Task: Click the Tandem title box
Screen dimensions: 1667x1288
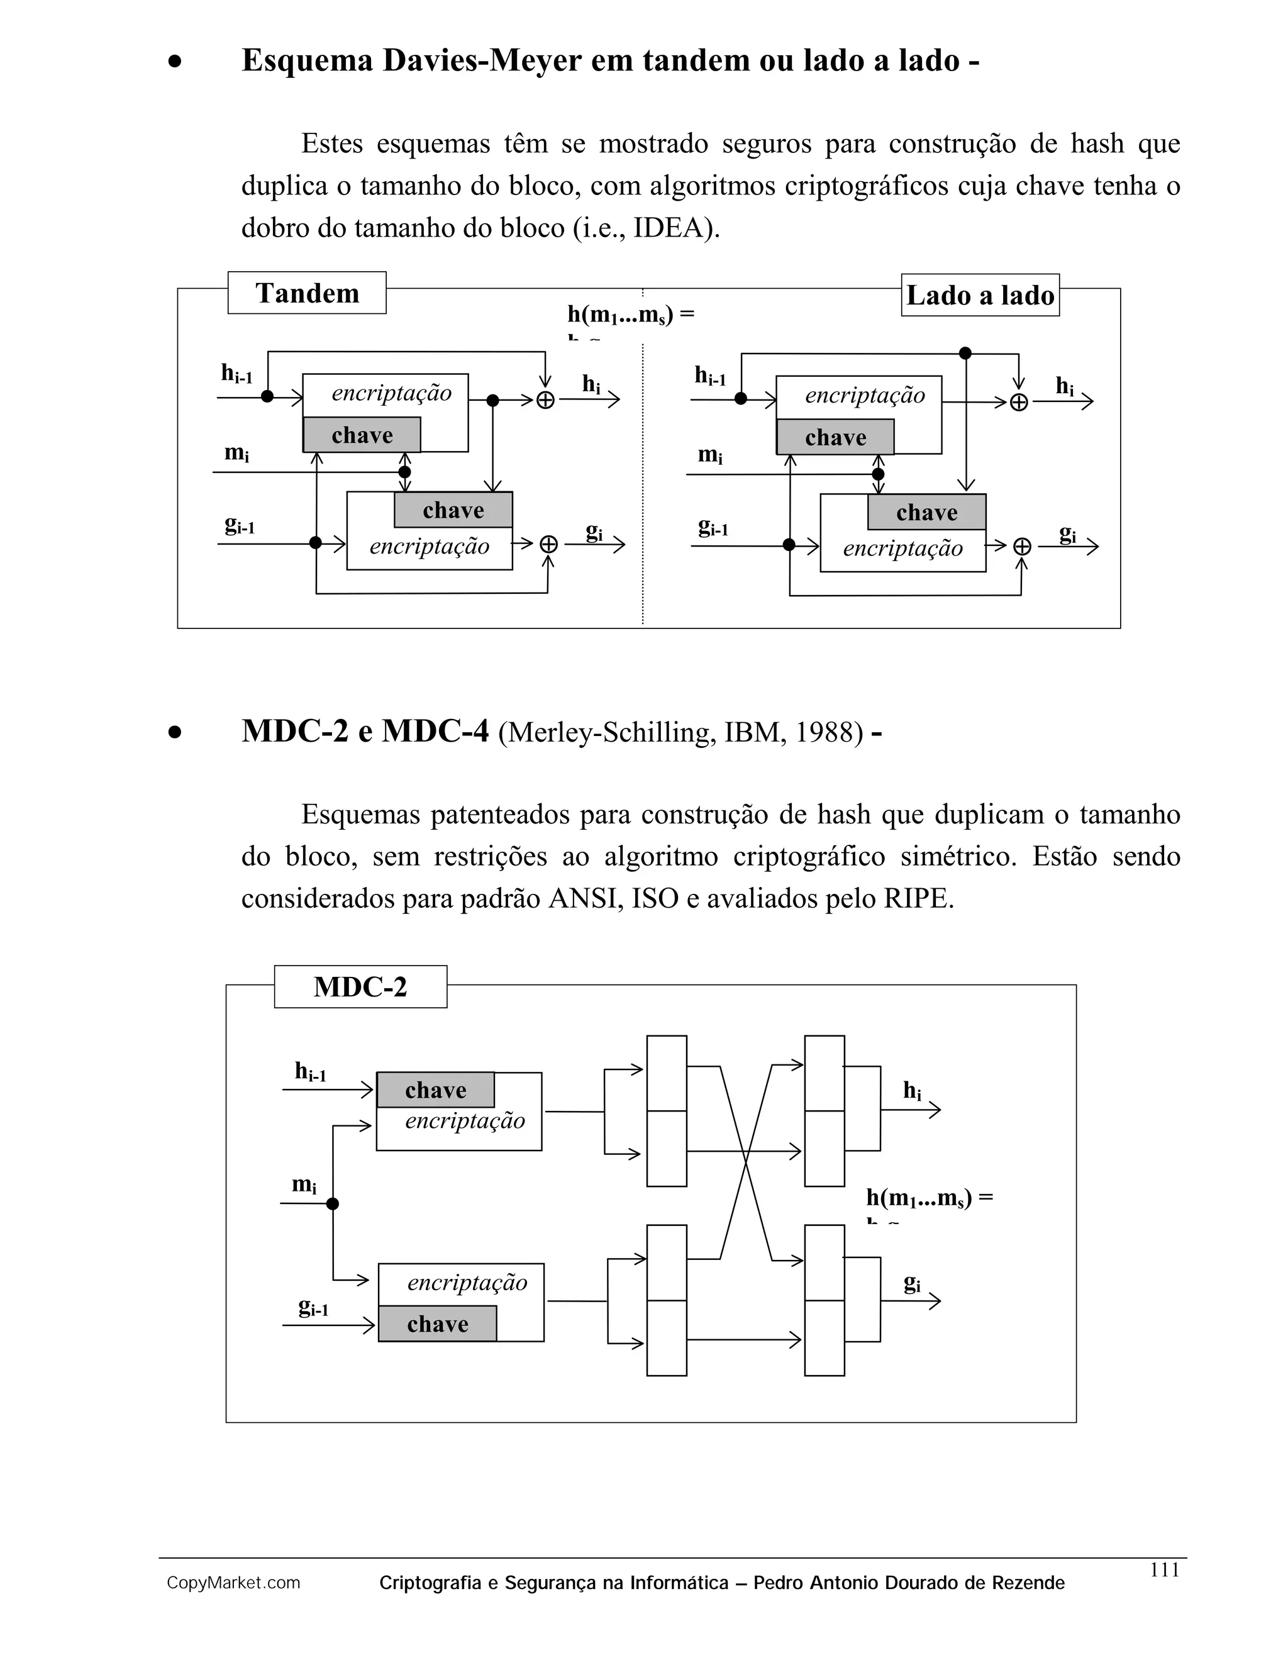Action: pyautogui.click(x=307, y=293)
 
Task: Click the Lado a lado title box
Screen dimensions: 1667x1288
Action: pyautogui.click(x=980, y=296)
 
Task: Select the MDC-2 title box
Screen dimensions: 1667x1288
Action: pyautogui.click(x=360, y=987)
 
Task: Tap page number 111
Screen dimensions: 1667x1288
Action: pyautogui.click(x=1164, y=1570)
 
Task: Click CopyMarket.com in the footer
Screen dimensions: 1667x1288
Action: pyautogui.click(x=233, y=1583)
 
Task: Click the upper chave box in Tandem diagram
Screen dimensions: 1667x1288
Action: pyautogui.click(x=362, y=435)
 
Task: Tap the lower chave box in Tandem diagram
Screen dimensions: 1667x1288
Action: pyautogui.click(x=453, y=510)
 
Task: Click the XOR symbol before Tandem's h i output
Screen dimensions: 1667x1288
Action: pyautogui.click(x=545, y=400)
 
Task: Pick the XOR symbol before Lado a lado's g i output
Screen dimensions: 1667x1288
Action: pyautogui.click(x=1023, y=547)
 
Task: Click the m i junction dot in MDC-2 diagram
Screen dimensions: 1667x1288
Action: pyautogui.click(x=333, y=1203)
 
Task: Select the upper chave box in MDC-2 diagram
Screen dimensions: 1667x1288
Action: pyautogui.click(x=436, y=1090)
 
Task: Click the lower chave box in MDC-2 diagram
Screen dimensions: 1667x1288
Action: pyautogui.click(x=437, y=1324)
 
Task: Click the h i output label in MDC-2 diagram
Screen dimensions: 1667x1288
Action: pyautogui.click(x=912, y=1091)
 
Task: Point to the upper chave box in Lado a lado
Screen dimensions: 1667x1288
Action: pyautogui.click(x=836, y=437)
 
